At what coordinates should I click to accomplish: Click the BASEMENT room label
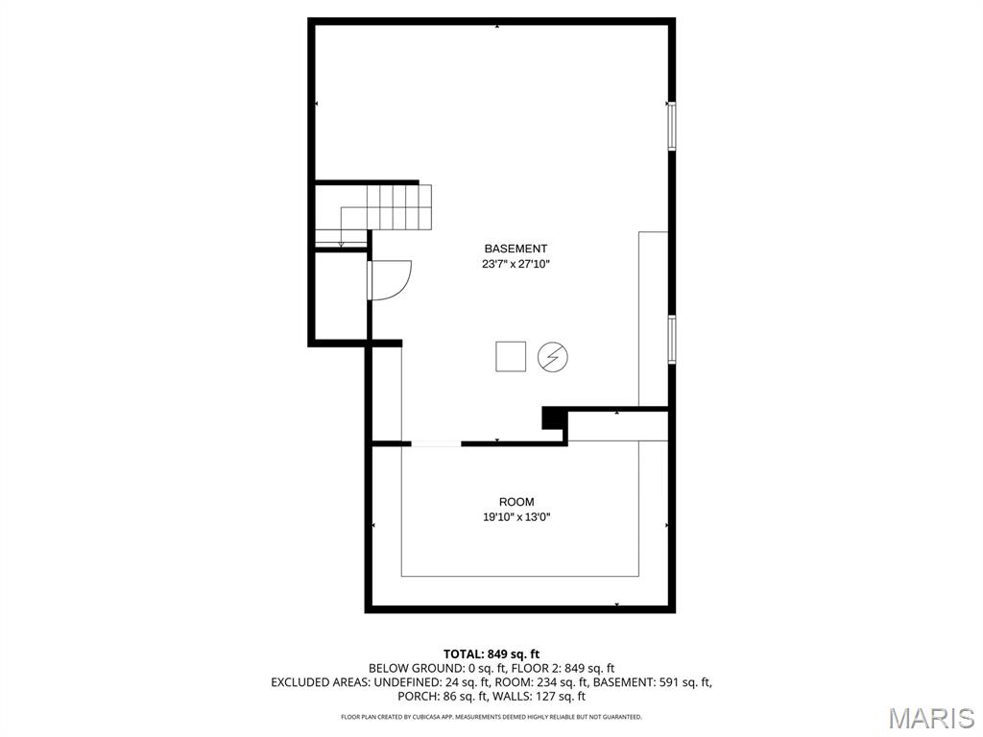pos(515,249)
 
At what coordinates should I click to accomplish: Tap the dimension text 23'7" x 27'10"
pos(515,265)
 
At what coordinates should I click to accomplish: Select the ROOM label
pos(516,502)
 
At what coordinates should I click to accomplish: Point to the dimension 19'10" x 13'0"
pos(516,517)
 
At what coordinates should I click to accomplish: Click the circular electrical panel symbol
pos(553,357)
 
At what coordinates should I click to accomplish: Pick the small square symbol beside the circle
pos(511,357)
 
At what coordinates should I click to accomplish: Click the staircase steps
pos(386,207)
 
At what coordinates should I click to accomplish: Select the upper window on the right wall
pos(671,126)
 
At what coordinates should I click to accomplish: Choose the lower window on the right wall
pos(671,339)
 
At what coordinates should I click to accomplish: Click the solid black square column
pos(554,418)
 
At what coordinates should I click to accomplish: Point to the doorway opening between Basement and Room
pos(437,443)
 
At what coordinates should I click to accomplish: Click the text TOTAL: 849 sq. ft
pos(491,654)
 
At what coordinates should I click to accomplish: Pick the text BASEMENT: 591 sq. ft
pos(653,682)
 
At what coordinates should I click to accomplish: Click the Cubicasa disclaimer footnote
pos(491,717)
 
